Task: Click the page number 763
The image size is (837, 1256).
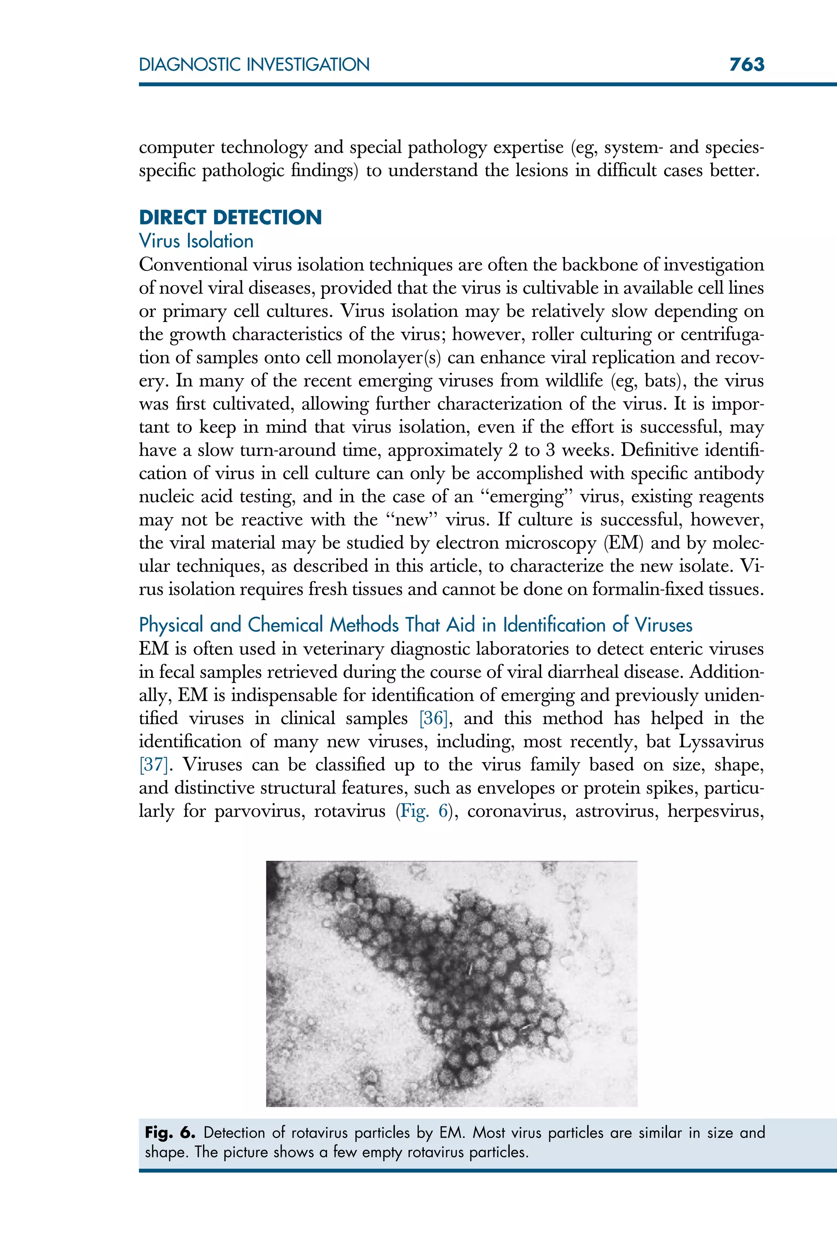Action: coord(746,65)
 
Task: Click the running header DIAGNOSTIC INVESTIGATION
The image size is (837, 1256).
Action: coord(254,65)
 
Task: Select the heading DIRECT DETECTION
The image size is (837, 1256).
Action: coord(230,217)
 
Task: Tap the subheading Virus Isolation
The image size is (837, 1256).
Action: coord(196,241)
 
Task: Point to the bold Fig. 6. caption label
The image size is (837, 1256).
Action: coord(170,1133)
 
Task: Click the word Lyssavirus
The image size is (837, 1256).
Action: coord(721,742)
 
